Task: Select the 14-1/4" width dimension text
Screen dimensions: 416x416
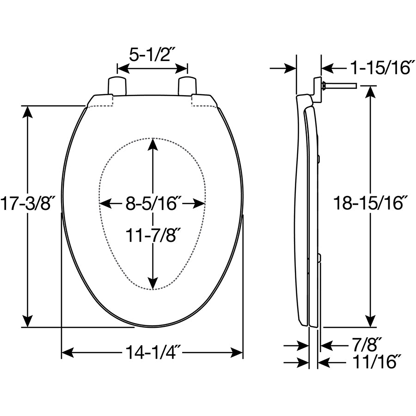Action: point(153,354)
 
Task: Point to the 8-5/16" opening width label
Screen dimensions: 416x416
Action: point(153,203)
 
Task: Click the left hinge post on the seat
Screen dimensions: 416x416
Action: point(116,86)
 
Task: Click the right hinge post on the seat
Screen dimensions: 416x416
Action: point(187,86)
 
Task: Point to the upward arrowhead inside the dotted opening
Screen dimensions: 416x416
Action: point(153,144)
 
